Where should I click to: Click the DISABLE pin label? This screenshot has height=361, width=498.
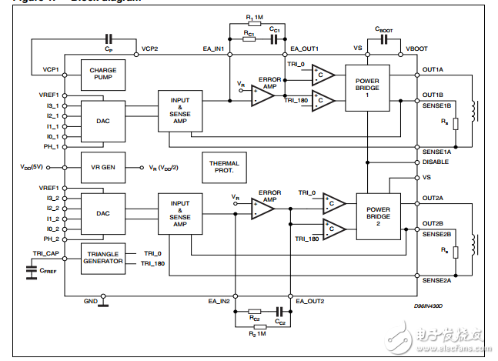(x=436, y=162)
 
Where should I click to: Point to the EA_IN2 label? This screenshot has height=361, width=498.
(x=219, y=302)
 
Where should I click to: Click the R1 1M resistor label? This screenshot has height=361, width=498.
(x=254, y=16)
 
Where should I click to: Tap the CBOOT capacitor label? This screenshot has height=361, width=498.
(x=384, y=28)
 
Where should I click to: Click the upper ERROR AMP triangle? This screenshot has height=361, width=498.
(x=262, y=93)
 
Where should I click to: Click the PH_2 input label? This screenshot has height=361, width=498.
(x=51, y=239)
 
